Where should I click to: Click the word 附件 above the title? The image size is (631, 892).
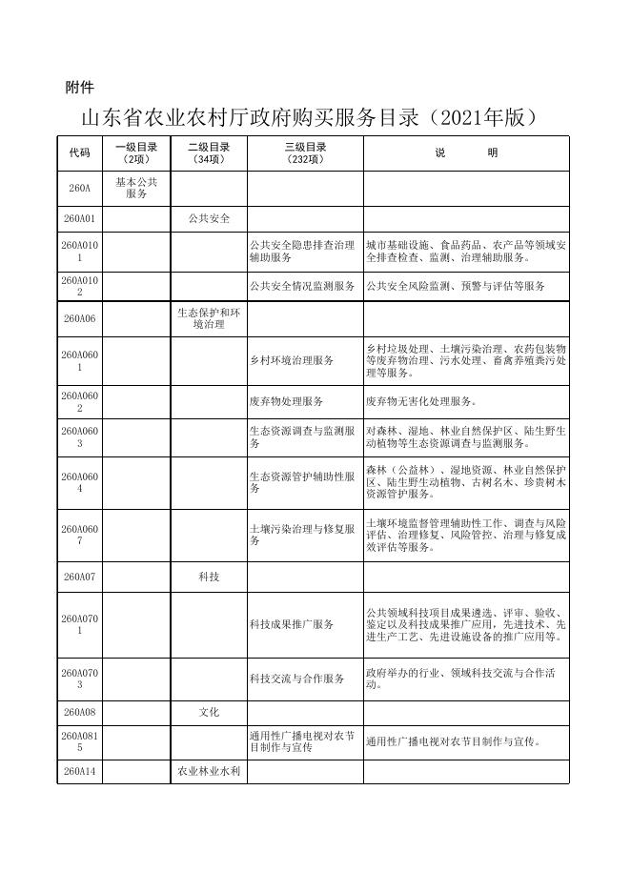coord(79,88)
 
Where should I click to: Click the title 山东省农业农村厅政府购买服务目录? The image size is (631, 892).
coord(311,118)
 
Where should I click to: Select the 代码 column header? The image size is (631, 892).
coord(79,153)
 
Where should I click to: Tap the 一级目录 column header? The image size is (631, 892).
coord(136,153)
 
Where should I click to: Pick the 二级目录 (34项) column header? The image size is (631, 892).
coord(209,153)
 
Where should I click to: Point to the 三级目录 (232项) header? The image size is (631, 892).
coord(305,153)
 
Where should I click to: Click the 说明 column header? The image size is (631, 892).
coord(466,153)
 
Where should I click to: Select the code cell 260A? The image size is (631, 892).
coord(79,189)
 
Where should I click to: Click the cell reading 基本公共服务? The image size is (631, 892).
coord(136,188)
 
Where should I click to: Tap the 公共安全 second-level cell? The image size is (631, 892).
coord(209,218)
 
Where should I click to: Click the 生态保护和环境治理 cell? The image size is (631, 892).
coord(209,318)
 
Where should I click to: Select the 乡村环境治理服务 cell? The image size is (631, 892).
coord(292,360)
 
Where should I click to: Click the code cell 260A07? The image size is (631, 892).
coord(79,578)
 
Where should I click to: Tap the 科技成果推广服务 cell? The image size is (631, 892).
coord(292,624)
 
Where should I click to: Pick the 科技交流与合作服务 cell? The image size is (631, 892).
coord(296,679)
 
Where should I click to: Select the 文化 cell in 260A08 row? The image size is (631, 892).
coord(209,712)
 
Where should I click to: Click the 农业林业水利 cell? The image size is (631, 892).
coord(209,771)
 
